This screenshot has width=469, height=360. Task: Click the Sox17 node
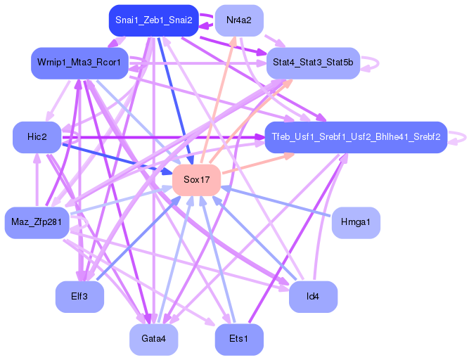[197, 180]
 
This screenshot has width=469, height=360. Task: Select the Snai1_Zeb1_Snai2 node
[154, 20]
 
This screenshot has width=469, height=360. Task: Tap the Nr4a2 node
[239, 20]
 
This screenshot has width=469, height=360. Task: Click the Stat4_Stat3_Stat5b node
[313, 63]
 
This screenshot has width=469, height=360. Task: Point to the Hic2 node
[37, 136]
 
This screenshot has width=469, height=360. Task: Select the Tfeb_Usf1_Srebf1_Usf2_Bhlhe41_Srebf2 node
[355, 136]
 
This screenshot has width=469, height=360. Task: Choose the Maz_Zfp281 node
[37, 223]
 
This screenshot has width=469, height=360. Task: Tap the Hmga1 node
[356, 223]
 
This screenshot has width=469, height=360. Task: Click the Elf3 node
[79, 297]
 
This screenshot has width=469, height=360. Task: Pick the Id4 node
[313, 297]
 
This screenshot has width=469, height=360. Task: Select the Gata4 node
[153, 339]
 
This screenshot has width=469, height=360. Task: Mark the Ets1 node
[239, 339]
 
